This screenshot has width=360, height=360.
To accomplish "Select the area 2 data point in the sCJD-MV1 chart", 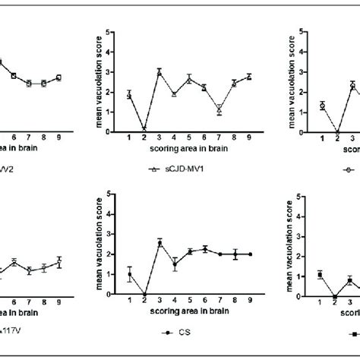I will pyautogui.click(x=144, y=130).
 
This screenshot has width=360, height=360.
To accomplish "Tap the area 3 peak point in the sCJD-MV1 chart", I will pyautogui.click(x=159, y=72).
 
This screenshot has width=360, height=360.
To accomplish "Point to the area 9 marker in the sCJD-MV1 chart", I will pyautogui.click(x=248, y=77).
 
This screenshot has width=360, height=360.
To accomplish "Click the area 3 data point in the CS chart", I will pyautogui.click(x=159, y=243).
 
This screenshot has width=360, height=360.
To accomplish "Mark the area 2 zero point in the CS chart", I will pyautogui.click(x=144, y=295).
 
